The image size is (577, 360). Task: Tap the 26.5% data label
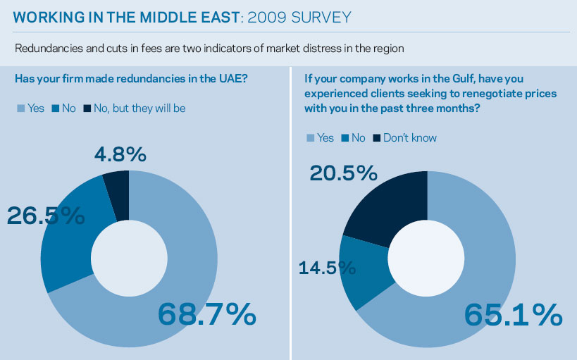46,215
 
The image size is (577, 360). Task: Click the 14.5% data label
327,268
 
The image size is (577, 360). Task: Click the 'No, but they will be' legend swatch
87,108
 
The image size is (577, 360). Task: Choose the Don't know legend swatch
377,138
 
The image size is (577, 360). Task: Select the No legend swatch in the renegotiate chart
345,138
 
